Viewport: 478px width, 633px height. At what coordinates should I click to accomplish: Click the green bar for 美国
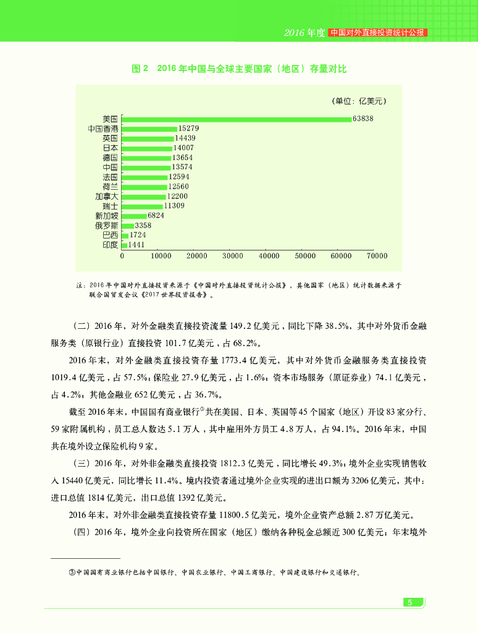237,119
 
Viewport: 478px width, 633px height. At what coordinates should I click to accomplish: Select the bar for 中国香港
149,129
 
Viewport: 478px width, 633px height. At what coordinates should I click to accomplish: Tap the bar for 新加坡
134,216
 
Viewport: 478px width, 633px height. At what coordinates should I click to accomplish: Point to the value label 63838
363,118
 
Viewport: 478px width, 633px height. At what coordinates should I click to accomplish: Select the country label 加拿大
106,196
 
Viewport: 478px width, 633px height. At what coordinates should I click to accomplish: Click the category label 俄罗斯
106,226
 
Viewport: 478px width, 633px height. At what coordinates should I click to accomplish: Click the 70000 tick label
377,255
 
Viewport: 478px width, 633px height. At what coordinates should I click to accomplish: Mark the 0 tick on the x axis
122,255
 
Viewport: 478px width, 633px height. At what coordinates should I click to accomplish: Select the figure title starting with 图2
239,69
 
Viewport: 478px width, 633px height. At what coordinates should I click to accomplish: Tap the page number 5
409,603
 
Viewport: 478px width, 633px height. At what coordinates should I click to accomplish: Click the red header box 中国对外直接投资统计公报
378,32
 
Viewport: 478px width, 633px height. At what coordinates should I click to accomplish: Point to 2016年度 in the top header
304,33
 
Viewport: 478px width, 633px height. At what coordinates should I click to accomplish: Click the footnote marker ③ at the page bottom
72,572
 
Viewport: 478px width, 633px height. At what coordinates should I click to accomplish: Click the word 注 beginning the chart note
79,286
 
